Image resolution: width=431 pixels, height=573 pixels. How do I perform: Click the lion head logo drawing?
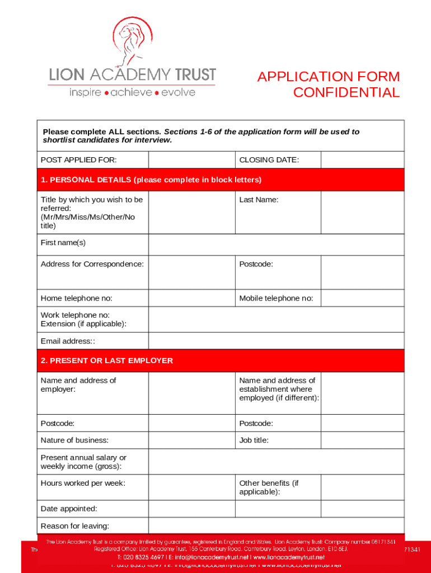tap(132, 40)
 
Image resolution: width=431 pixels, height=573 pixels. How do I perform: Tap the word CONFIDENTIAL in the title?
tap(346, 93)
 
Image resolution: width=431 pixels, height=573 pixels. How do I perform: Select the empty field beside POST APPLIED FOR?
tap(191, 160)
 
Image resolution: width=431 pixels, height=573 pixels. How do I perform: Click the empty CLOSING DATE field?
tap(362, 160)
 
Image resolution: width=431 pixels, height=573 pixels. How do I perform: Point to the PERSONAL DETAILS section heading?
tap(151, 180)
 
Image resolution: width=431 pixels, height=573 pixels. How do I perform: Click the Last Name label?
tap(259, 200)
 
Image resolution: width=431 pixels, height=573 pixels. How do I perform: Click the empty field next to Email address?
tap(276, 341)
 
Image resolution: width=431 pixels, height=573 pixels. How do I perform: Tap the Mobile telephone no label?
tap(276, 298)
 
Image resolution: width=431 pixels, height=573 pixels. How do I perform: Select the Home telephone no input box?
tap(191, 298)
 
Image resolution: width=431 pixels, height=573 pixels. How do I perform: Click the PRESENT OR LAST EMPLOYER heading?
tap(107, 361)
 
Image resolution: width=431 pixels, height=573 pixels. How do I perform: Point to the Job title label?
tap(254, 440)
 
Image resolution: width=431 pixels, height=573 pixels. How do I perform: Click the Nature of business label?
tap(74, 440)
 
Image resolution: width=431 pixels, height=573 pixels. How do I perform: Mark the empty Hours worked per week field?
tap(191, 487)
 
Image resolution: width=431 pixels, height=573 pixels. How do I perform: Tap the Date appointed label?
tap(69, 509)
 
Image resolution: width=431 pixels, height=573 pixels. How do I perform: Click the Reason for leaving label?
tap(75, 526)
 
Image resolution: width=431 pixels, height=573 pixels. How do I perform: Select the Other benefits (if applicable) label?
tap(269, 487)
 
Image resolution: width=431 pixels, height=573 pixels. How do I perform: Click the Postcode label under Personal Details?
tap(256, 264)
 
